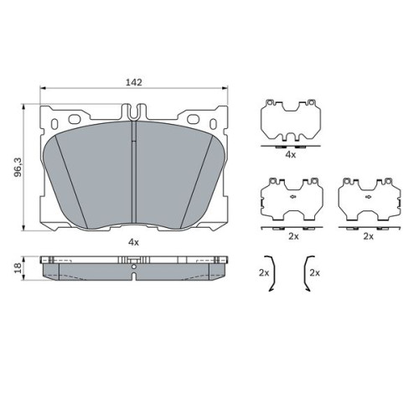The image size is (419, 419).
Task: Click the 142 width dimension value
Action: [134, 82]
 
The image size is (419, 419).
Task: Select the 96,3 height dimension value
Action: [18, 167]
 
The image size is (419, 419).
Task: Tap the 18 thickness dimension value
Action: [18, 268]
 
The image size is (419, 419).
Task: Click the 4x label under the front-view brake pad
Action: [133, 242]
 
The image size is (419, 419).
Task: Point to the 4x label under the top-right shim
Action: [291, 154]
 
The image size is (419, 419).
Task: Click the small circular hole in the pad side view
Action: [134, 266]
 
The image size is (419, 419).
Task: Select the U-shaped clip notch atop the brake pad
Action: [134, 111]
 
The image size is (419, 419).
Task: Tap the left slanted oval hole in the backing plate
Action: [75, 119]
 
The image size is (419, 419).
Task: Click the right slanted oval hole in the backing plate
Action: [193, 119]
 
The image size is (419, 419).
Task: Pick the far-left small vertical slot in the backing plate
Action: [54, 124]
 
